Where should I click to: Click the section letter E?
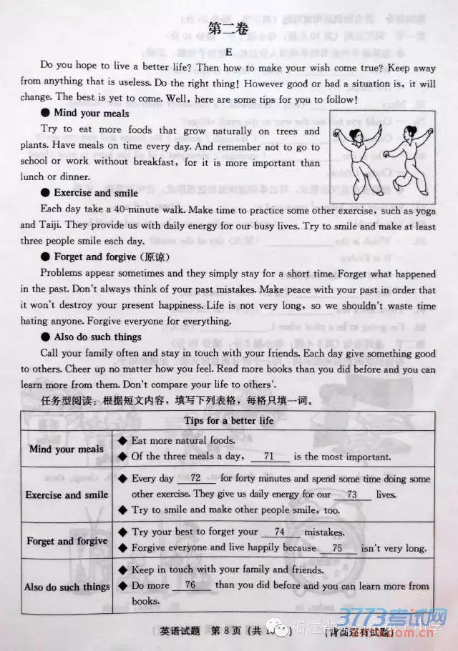pos(228,51)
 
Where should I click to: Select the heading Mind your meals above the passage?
pos(91,113)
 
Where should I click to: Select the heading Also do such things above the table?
pos(97,337)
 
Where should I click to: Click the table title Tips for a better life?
pos(229,420)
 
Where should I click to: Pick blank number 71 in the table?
pos(269,457)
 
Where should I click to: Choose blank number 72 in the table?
pos(195,478)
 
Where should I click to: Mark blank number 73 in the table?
pos(351,494)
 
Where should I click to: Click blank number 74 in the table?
pos(279,532)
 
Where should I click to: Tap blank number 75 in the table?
pos(338,548)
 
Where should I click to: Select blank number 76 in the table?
pos(190,585)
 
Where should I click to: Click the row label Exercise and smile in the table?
pos(67,495)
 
